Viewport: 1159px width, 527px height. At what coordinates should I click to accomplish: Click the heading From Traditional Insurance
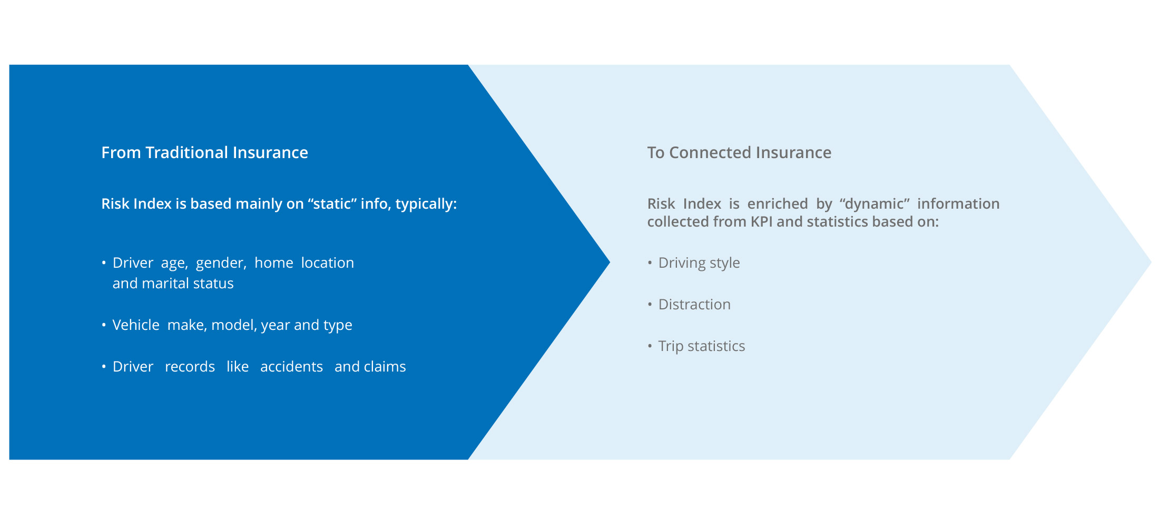pos(204,152)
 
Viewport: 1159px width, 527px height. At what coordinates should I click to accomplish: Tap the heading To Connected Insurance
pos(739,152)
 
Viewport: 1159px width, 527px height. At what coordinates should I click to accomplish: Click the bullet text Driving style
pos(699,262)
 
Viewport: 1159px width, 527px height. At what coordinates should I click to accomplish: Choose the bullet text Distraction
pos(694,304)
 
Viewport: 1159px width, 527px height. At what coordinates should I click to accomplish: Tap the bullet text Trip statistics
pos(702,346)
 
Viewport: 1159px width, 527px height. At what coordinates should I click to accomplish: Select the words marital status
pos(188,283)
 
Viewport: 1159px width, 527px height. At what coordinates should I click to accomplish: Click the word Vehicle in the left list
pos(136,325)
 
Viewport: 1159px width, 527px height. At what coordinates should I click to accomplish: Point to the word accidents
pos(291,366)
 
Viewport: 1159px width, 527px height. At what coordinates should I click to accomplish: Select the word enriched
pos(778,203)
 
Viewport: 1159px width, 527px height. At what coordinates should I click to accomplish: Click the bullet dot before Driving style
pos(650,262)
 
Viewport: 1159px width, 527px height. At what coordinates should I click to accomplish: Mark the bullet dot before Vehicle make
pos(104,325)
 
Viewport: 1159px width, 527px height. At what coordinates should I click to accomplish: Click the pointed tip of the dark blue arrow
pos(610,262)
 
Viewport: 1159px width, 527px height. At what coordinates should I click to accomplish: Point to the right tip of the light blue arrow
pos(1151,262)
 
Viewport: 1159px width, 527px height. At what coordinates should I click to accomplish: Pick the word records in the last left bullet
pos(190,366)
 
